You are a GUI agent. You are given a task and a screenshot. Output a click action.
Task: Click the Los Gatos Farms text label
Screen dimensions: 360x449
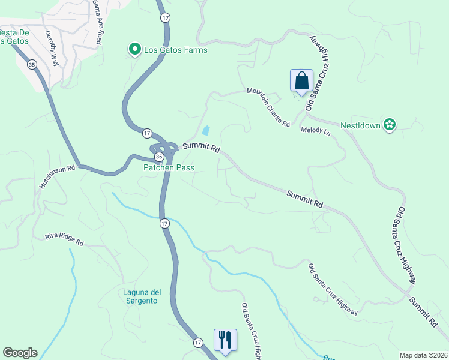(175, 50)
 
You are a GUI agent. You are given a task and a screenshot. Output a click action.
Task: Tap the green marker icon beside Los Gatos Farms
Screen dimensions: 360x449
(136, 49)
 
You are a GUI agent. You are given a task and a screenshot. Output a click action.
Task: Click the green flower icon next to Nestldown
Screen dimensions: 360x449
(390, 124)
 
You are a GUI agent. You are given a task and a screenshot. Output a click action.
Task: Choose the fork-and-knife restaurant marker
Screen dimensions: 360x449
(225, 340)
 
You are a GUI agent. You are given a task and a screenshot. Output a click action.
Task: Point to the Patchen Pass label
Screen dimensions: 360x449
(169, 167)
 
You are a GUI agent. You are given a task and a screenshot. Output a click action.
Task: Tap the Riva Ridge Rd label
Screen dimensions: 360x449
(64, 240)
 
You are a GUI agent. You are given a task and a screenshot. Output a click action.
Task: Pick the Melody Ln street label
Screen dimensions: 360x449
(316, 131)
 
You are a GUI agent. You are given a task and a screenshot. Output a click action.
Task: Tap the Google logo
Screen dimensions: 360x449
(20, 353)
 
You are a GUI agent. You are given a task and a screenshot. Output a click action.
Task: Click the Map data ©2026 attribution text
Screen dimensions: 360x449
(424, 355)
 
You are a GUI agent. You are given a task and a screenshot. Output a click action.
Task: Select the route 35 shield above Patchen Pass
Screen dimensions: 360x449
(158, 157)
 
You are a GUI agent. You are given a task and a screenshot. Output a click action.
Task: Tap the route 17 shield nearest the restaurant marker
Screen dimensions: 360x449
(198, 342)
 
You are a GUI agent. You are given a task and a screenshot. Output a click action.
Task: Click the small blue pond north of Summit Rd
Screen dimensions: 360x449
(206, 130)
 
